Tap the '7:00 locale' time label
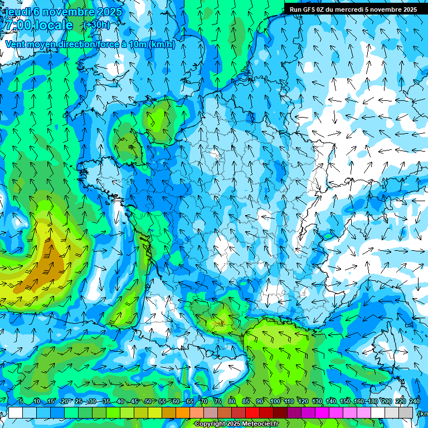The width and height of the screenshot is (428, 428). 38,25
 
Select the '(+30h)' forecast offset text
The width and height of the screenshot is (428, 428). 96,25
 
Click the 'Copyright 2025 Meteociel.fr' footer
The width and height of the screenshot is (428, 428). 236,424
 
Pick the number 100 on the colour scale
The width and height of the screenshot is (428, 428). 275,402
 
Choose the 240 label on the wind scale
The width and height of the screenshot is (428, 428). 414,402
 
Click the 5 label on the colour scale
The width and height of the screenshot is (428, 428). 21,402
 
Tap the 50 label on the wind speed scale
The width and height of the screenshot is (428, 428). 148,402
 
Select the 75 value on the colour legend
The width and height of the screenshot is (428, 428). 217,402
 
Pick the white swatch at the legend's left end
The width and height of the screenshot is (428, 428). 16,413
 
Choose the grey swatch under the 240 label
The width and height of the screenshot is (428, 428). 406,413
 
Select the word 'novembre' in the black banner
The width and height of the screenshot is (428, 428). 381,9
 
